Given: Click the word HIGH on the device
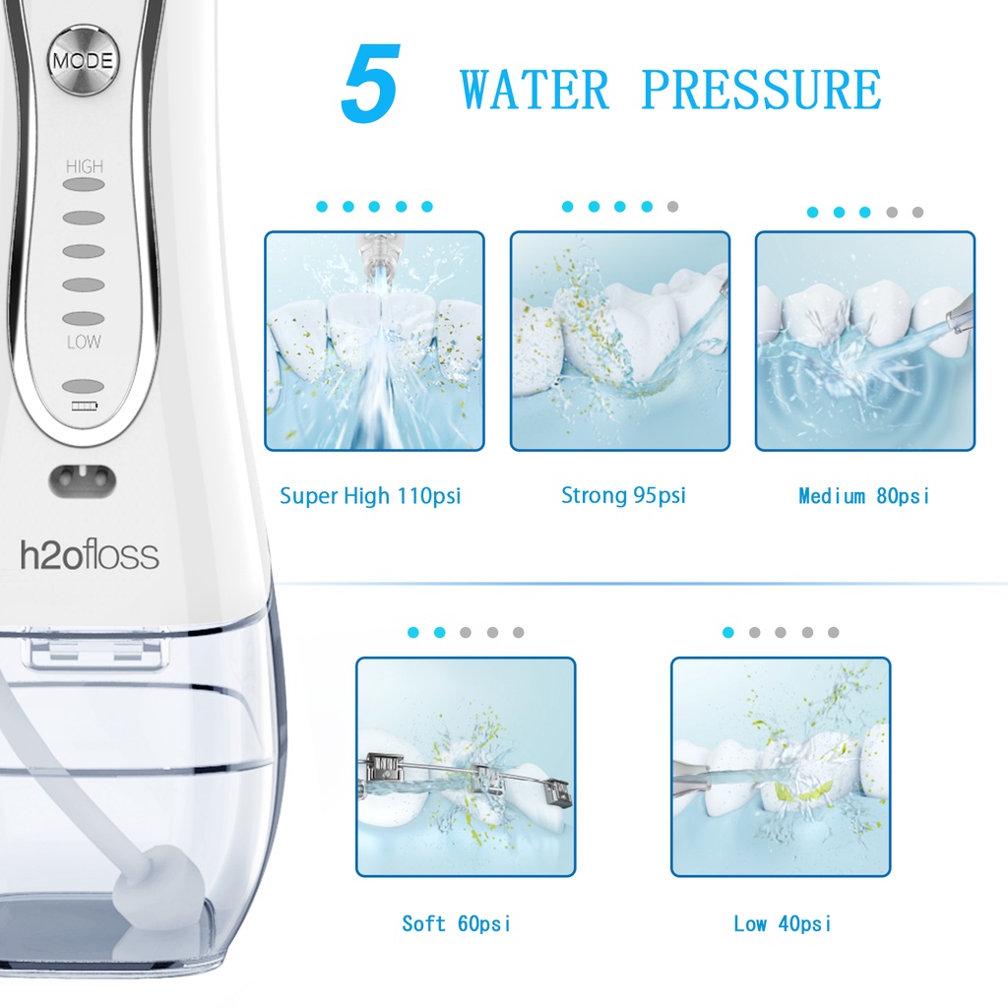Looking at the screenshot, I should (x=84, y=167).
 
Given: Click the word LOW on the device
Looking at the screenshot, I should (x=84, y=343).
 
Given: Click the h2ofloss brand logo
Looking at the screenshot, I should (x=90, y=555).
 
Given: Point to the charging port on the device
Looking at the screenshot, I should (x=83, y=479).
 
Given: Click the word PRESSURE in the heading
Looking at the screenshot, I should (x=760, y=91).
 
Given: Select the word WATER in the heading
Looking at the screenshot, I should (x=535, y=91).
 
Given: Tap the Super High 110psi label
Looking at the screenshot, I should (x=370, y=496).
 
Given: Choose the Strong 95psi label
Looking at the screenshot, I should (x=623, y=496).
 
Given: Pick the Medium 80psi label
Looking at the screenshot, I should (x=863, y=496).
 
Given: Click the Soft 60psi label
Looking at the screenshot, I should (x=457, y=923).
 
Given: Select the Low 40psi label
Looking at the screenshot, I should (x=782, y=923).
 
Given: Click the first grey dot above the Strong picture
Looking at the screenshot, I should (x=672, y=207).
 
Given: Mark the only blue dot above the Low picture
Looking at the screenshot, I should (x=728, y=632).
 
